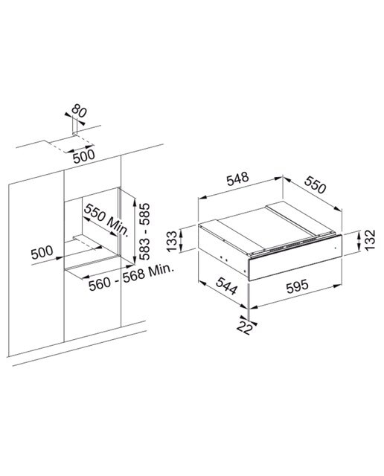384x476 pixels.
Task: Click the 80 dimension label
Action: pos(79,111)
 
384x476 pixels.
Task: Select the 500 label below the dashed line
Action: pos(84,157)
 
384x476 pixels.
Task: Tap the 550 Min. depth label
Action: pos(106,219)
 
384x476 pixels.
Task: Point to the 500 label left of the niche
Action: pos(42,252)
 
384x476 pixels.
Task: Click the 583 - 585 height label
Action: pos(144,231)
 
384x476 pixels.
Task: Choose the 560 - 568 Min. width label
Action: pos(131,277)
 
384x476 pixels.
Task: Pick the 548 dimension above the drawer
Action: pos(237,178)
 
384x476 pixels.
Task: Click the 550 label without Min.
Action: pos(315,184)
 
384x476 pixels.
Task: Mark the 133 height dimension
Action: pos(172,241)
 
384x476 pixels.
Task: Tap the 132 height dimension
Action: pos(370,239)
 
